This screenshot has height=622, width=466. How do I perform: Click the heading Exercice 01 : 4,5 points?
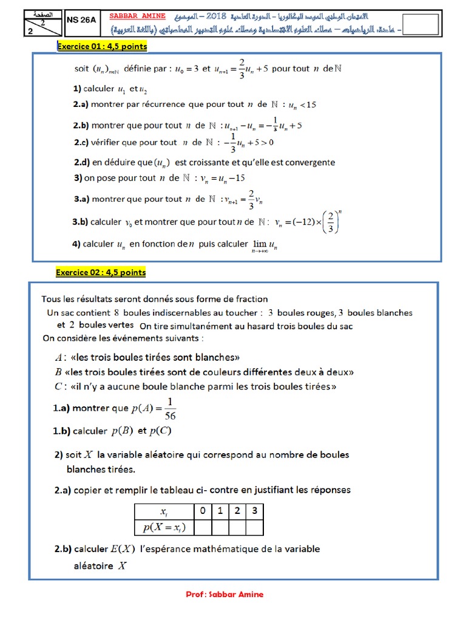pos(102,46)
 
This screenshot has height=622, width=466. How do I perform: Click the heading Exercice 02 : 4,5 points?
pos(101,273)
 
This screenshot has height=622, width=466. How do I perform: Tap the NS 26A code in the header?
pos(81,19)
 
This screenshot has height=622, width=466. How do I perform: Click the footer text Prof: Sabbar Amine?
pos(225,595)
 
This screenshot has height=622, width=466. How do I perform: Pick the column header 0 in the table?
pos(202,511)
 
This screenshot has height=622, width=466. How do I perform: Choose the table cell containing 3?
pos(254,511)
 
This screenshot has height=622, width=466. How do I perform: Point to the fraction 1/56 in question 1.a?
pos(171,409)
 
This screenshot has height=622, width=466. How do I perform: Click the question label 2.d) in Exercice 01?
pos(82,163)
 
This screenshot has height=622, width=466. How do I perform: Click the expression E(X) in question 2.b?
pos(123,549)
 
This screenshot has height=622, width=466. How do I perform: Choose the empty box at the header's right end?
pos(420,25)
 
